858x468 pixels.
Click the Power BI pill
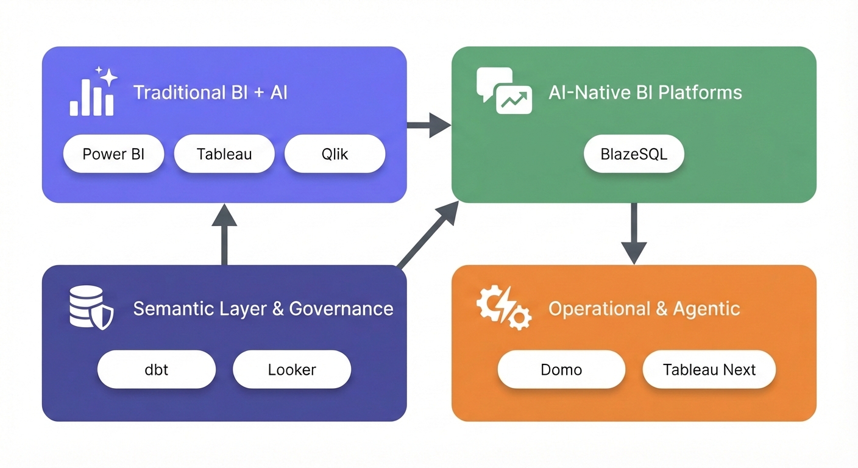113,154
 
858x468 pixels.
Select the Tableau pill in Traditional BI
224,154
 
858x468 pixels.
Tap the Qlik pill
335,154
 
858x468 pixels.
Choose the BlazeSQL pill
634,154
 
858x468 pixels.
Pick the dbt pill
157,369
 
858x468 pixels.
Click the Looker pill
292,369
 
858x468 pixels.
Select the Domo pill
561,369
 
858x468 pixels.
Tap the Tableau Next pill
709,369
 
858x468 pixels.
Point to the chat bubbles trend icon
504,92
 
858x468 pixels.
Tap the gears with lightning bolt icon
503,309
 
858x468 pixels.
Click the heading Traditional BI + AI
210,93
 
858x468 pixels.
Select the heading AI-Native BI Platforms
645,93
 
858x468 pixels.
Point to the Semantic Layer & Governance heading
263,308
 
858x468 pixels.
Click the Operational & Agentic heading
644,308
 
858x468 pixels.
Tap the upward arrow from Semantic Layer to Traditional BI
224,234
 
